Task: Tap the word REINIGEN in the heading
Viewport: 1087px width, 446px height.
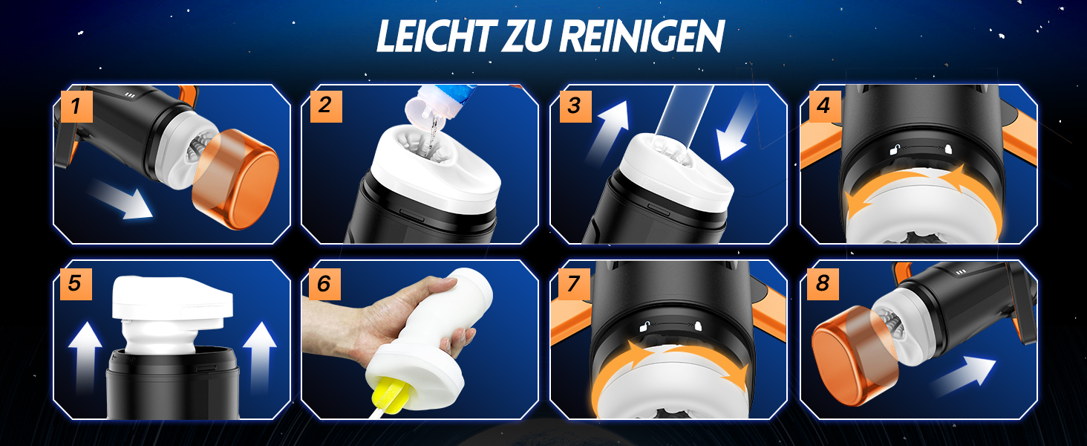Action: [642, 36]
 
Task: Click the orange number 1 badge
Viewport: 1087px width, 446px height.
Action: [76, 106]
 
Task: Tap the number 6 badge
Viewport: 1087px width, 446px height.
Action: [325, 284]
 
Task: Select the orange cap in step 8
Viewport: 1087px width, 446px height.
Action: [854, 355]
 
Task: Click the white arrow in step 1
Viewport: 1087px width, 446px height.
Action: [120, 199]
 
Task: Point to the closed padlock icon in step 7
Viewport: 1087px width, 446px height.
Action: [698, 326]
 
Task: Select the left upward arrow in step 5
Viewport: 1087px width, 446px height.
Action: [85, 357]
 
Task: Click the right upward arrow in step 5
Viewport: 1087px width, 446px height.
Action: [260, 357]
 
